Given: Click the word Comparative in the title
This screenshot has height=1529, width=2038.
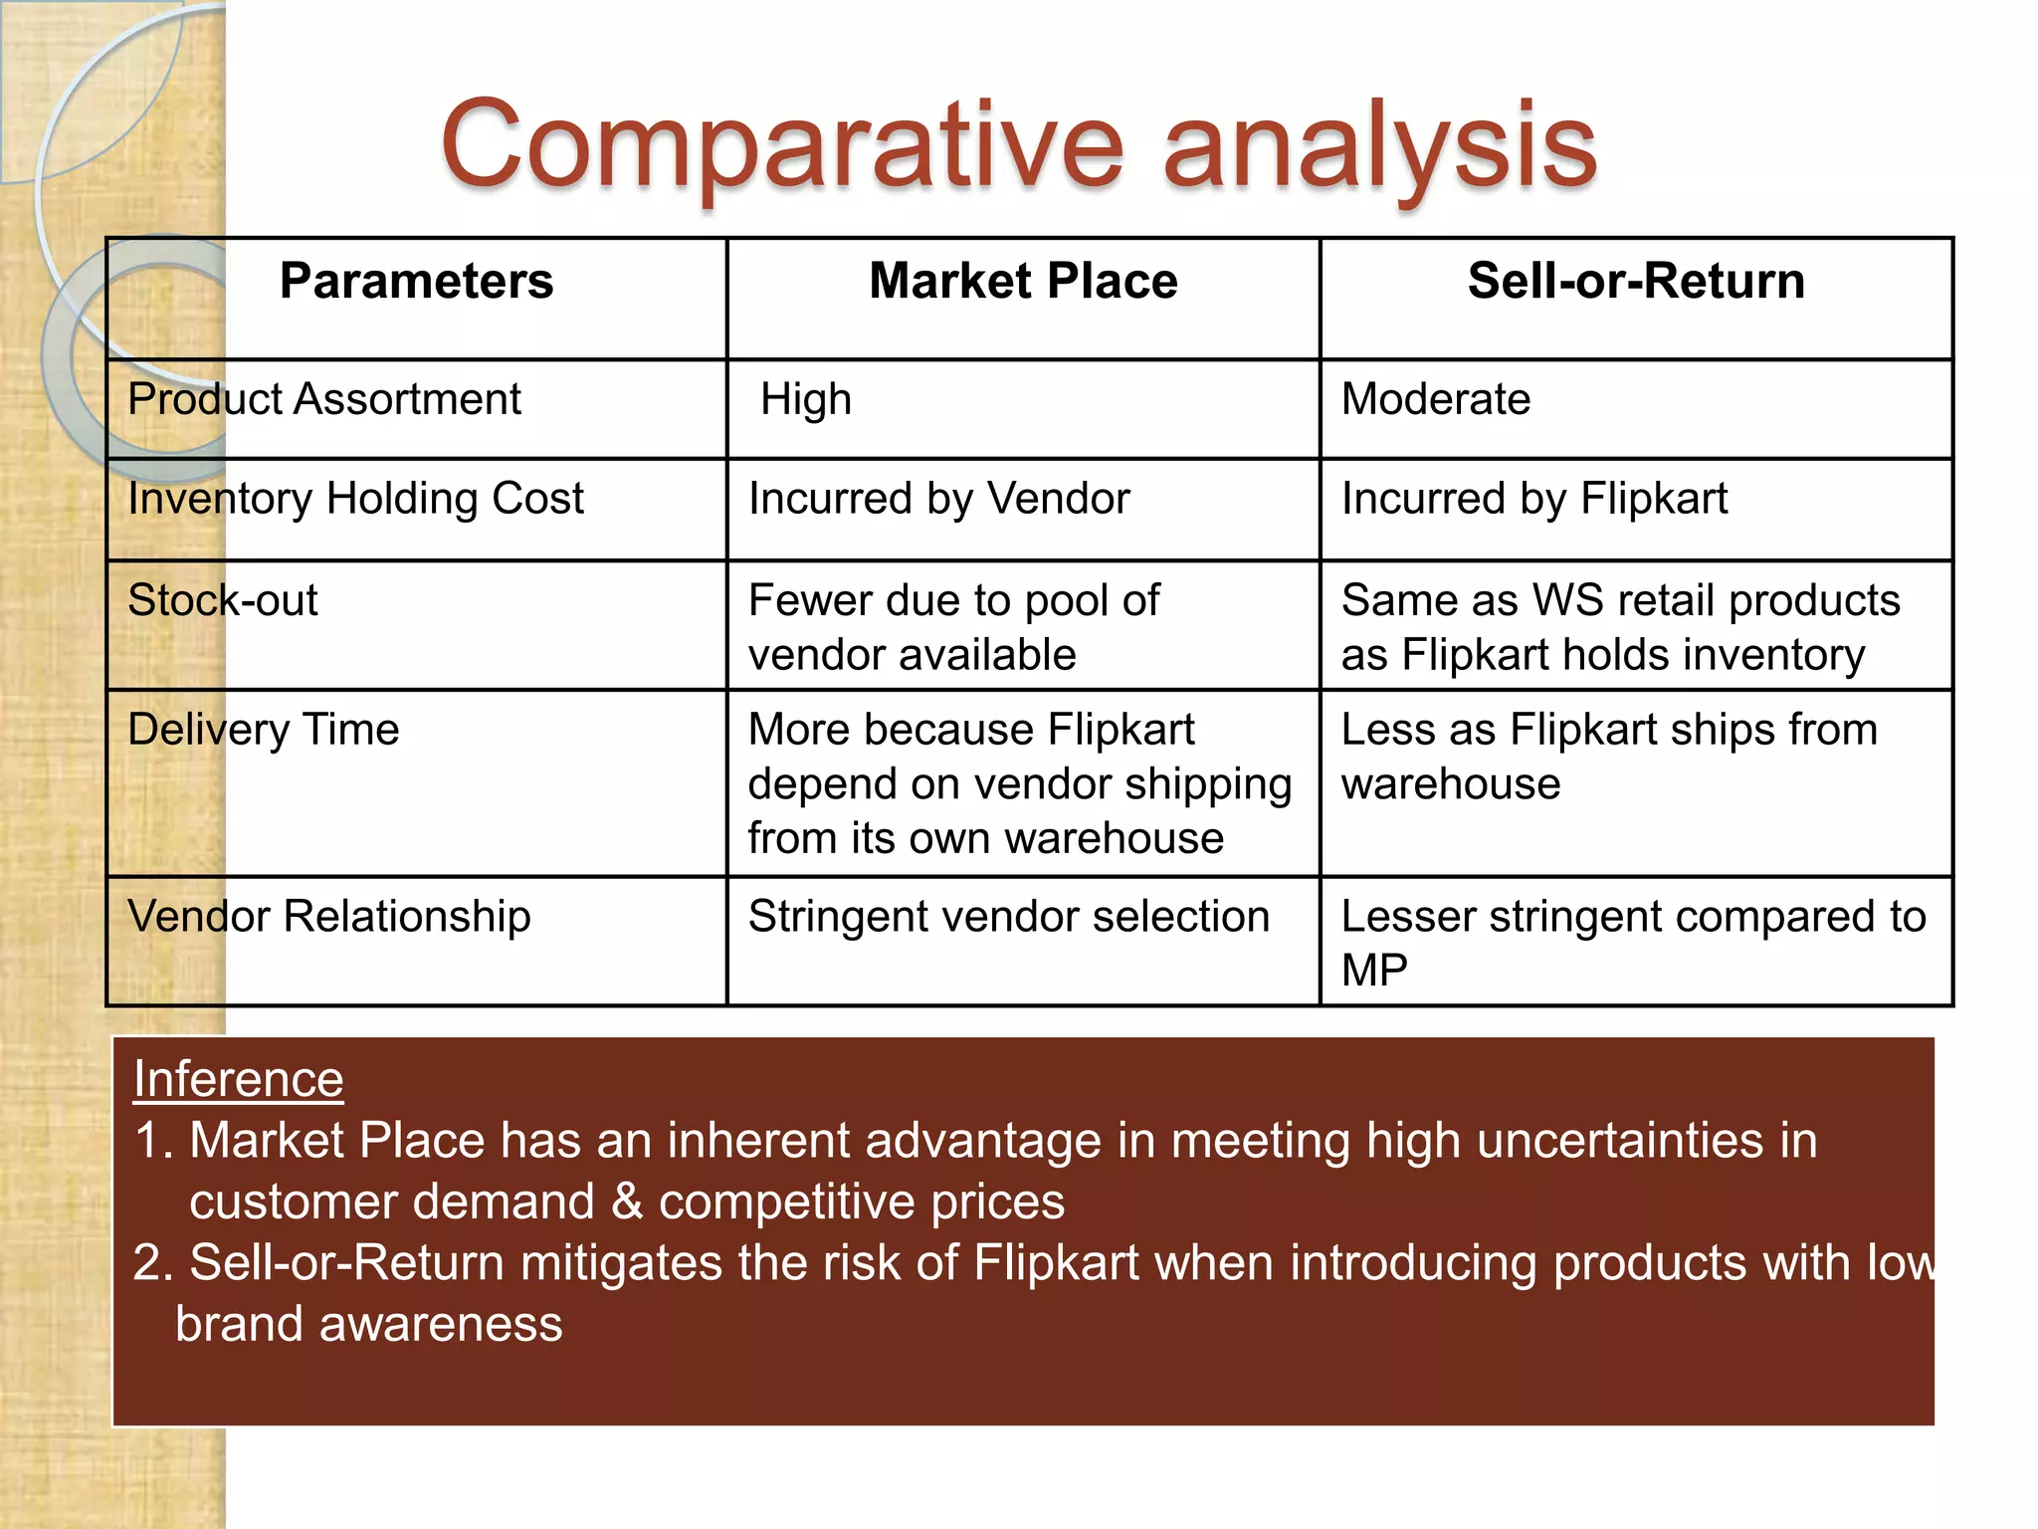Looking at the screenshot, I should pyautogui.click(x=781, y=147).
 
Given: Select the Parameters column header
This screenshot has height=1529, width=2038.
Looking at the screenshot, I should pyautogui.click(x=416, y=282).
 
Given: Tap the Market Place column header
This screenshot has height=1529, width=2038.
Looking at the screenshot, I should pyautogui.click(x=1023, y=282).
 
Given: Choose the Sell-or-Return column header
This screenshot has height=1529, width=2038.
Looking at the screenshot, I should pyautogui.click(x=1636, y=282).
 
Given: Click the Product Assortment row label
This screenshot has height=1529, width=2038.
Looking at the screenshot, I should pyautogui.click(x=324, y=400).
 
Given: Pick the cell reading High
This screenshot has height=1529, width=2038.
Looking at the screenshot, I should pyautogui.click(x=806, y=400).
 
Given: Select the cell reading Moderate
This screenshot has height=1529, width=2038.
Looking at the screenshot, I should pyautogui.click(x=1436, y=400).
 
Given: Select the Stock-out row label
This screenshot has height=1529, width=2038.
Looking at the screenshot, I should pyautogui.click(x=223, y=601).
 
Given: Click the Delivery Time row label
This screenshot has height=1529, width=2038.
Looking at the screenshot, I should pyautogui.click(x=264, y=731).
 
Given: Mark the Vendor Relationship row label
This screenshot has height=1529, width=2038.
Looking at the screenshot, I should pyautogui.click(x=329, y=917).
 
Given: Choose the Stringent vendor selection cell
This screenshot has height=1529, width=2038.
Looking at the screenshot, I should pyautogui.click(x=1009, y=917).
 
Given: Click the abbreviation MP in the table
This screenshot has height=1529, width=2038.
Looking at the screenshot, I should pyautogui.click(x=1374, y=971).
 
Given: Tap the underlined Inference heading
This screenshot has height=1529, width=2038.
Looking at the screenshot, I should pyautogui.click(x=239, y=1080).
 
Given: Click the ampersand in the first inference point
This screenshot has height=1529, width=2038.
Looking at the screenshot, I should pyautogui.click(x=627, y=1201).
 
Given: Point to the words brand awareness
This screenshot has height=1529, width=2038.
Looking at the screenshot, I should pyautogui.click(x=369, y=1325).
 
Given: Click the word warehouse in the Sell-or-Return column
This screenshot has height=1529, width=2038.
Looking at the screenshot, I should pyautogui.click(x=1451, y=784).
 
